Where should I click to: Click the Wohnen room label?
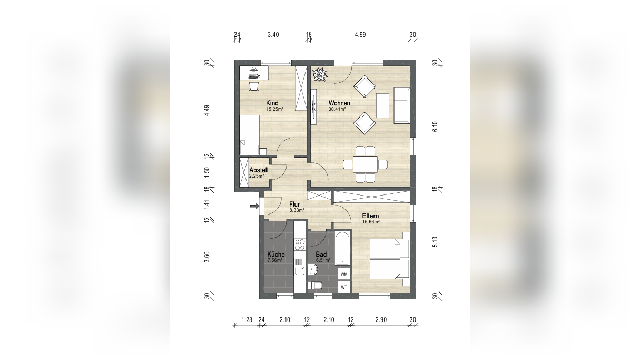(x=339, y=103)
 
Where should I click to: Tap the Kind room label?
(x=272, y=103)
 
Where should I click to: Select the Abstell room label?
(x=259, y=170)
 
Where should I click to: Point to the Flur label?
(x=294, y=205)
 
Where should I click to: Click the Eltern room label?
(x=371, y=216)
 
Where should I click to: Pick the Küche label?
(x=275, y=254)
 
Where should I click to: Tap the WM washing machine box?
(x=344, y=274)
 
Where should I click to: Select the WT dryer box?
(x=344, y=287)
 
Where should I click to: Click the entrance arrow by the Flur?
(x=254, y=206)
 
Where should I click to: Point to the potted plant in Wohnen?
(x=320, y=74)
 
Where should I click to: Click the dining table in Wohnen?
(x=365, y=164)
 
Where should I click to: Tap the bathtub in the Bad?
(x=342, y=248)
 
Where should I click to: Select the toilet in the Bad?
(x=315, y=285)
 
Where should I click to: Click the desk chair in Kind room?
(x=254, y=86)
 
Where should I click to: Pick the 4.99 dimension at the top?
(x=360, y=35)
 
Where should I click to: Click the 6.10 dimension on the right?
(x=435, y=127)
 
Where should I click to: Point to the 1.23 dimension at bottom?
(x=247, y=320)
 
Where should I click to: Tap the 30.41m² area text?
(x=337, y=109)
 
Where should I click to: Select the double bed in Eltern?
(x=390, y=259)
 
